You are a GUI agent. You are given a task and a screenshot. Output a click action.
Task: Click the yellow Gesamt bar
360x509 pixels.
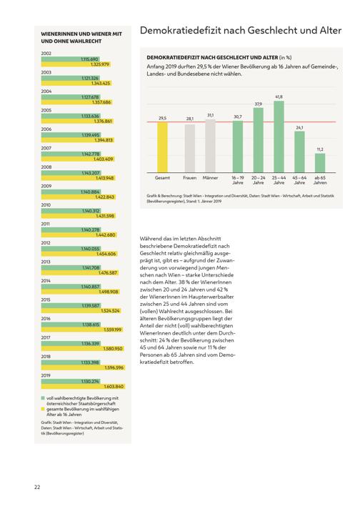(x=162, y=147)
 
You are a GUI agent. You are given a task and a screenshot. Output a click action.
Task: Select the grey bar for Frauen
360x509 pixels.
(x=190, y=149)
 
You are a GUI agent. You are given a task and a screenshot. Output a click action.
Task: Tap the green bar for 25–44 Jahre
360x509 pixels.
(x=279, y=137)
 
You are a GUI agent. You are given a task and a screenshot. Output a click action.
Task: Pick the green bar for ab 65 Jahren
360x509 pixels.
(x=320, y=163)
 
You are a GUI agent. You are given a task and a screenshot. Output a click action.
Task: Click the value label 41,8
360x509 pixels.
(x=279, y=97)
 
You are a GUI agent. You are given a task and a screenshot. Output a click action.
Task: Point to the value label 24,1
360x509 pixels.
(x=299, y=128)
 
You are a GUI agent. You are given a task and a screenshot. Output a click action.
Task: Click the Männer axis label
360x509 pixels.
(x=210, y=178)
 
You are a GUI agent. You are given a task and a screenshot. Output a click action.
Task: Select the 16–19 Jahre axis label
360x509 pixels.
(x=238, y=180)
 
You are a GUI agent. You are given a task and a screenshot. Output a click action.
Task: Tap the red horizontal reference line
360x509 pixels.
(x=241, y=122)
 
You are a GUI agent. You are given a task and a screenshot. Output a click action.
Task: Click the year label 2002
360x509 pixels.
(x=46, y=53)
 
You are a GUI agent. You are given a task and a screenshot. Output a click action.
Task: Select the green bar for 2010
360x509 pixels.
(x=71, y=211)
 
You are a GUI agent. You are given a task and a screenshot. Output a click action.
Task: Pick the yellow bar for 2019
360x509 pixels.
(x=83, y=386)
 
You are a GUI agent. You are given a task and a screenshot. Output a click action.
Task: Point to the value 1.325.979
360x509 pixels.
(x=100, y=64)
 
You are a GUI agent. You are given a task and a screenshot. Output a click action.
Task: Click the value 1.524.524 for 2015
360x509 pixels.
(x=110, y=311)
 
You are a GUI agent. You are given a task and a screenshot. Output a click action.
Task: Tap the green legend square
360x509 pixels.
(x=42, y=398)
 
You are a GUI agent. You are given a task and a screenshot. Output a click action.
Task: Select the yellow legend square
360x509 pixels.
(x=42, y=410)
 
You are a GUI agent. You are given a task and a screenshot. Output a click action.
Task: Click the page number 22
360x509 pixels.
(x=37, y=487)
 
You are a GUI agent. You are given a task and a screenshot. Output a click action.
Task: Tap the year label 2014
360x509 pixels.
(x=46, y=281)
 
